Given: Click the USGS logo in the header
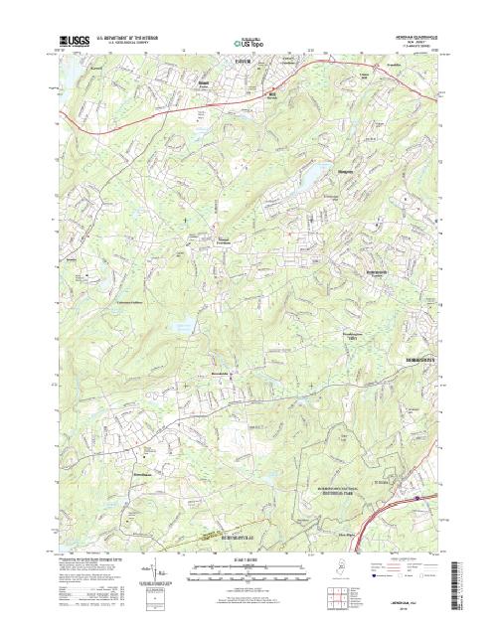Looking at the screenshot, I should coord(75,43).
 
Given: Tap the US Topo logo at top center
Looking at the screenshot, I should coord(246,44).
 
